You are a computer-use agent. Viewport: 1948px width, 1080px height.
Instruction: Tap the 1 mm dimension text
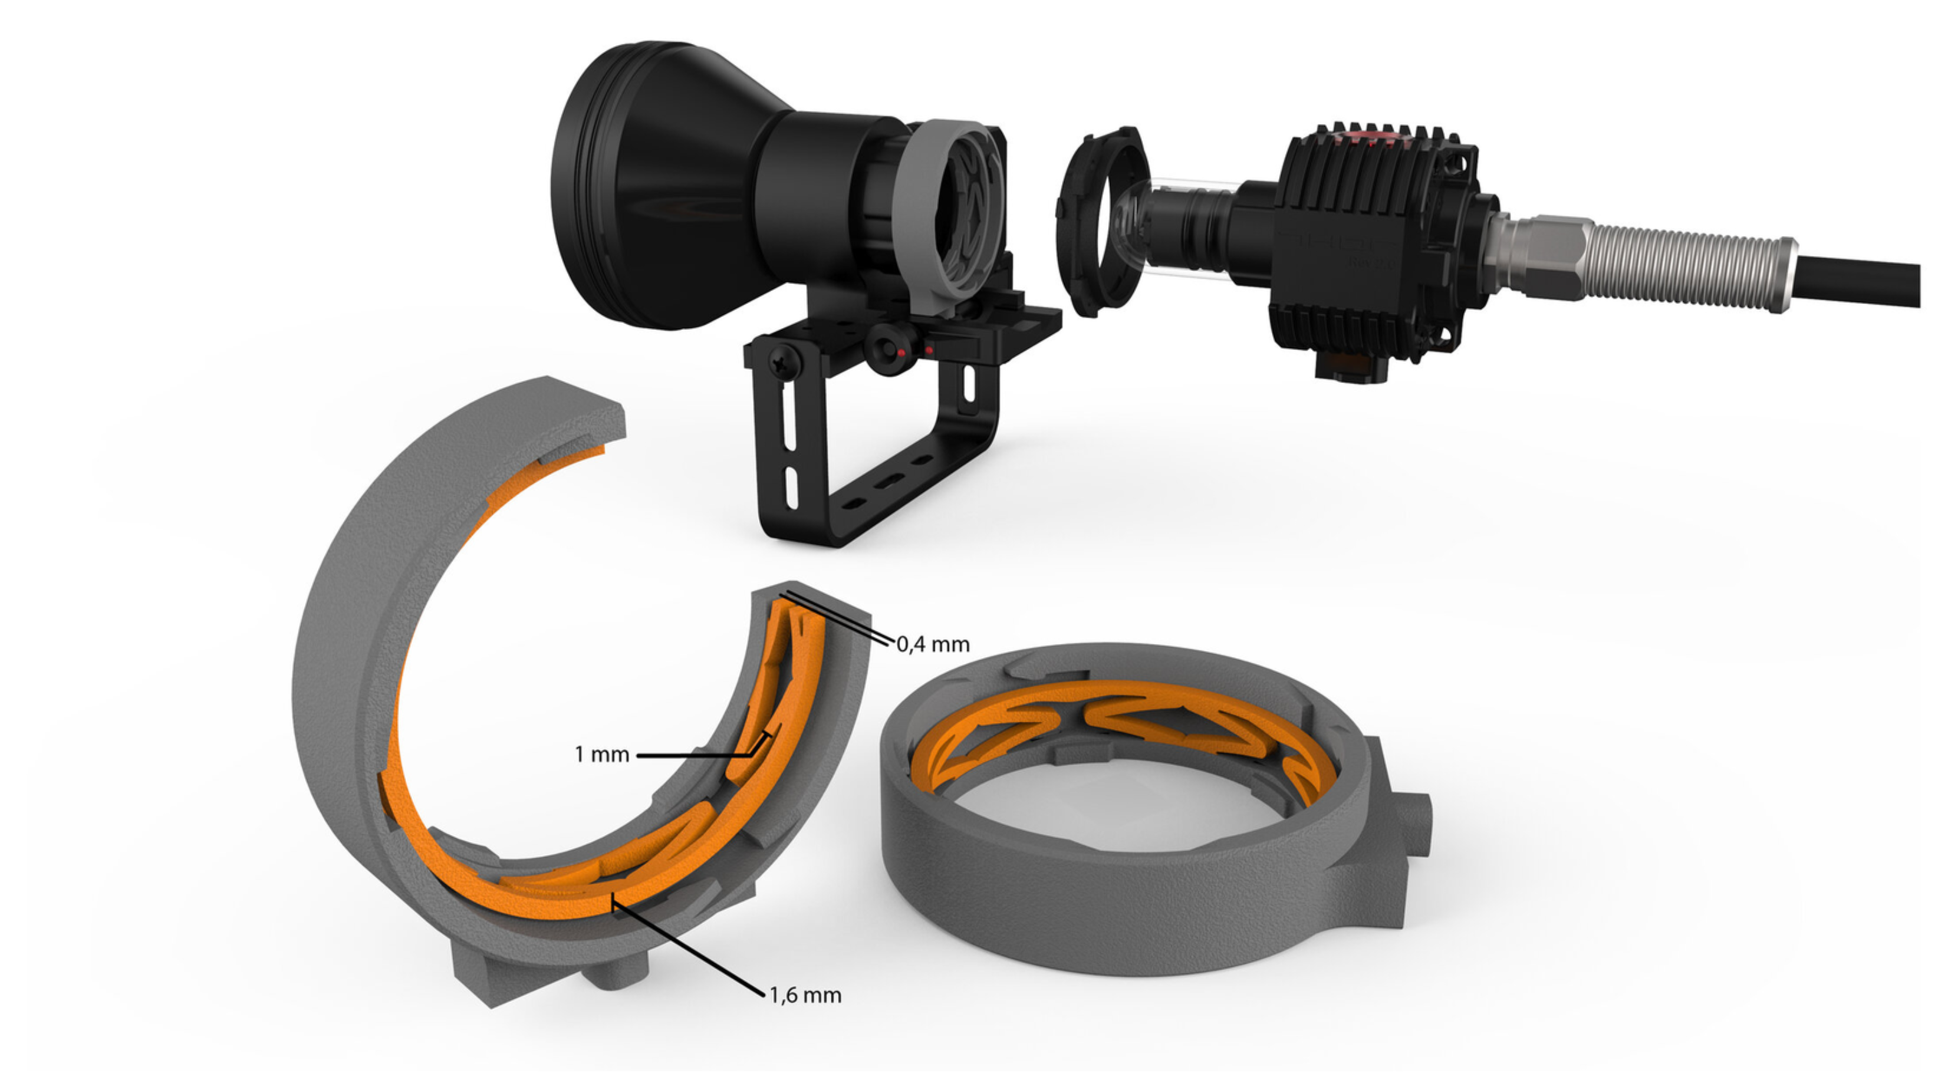(602, 754)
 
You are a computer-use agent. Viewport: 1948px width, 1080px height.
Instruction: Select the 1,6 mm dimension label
(805, 995)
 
